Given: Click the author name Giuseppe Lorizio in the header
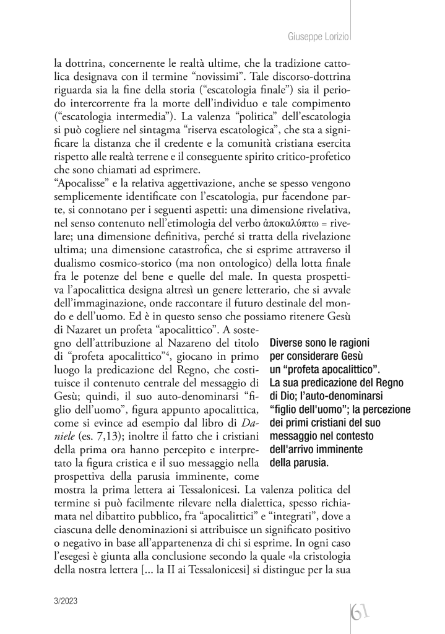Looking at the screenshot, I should click(319, 37).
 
